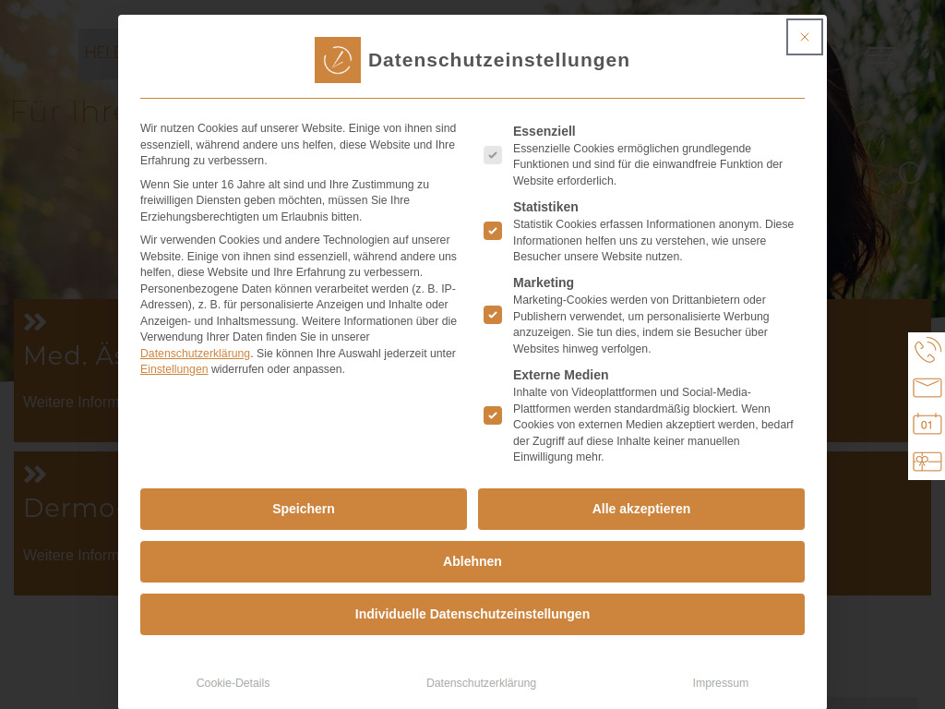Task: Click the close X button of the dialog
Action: (804, 37)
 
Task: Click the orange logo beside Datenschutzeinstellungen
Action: (338, 60)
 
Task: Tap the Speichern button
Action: (304, 509)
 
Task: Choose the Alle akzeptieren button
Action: (641, 509)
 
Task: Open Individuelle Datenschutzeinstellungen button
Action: (472, 614)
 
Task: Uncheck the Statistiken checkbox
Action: (493, 231)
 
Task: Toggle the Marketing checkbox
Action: (493, 315)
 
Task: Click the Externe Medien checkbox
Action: (493, 415)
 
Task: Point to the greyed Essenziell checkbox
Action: (493, 155)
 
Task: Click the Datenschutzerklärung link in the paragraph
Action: (195, 354)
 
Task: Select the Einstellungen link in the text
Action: (173, 369)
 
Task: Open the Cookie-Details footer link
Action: (233, 683)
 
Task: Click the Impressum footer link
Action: (720, 683)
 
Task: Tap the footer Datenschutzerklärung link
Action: (481, 683)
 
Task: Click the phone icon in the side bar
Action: (927, 351)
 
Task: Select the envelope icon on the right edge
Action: (927, 388)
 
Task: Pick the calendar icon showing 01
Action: (927, 424)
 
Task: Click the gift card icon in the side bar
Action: (927, 462)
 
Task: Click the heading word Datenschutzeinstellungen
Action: (498, 60)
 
